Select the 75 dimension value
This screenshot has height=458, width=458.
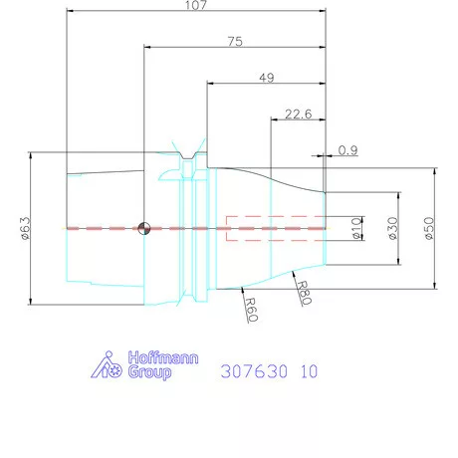tap(235, 41)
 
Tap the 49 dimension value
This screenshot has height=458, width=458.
tap(267, 77)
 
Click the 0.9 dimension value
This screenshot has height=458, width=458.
tap(348, 149)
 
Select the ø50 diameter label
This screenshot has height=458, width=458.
tap(428, 228)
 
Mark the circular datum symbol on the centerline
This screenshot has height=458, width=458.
tap(145, 228)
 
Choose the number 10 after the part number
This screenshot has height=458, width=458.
tap(308, 371)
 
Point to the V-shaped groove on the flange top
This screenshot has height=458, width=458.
tap(184, 152)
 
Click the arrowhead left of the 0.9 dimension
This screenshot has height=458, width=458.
tap(321, 155)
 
